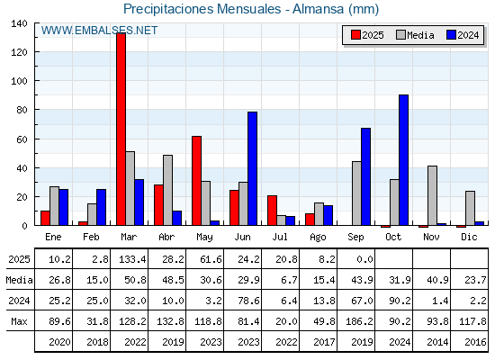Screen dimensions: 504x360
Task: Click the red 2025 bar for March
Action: [121, 129]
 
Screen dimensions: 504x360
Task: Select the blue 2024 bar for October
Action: [404, 160]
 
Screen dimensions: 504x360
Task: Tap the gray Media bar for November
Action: [433, 195]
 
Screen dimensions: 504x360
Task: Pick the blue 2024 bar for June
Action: [253, 168]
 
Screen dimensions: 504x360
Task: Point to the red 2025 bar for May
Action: [197, 181]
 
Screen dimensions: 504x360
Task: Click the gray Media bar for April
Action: [167, 190]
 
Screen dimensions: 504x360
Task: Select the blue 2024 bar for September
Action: [365, 176]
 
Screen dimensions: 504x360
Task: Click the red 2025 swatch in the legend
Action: [355, 35]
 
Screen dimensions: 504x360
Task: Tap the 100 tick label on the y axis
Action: [19, 81]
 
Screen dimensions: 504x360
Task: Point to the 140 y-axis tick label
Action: [19, 23]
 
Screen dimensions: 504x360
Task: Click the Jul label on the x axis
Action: [280, 237]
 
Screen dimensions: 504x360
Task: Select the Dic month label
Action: [469, 237]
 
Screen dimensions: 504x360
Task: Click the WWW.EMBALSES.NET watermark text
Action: [99, 31]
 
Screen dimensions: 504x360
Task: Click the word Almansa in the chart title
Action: [319, 9]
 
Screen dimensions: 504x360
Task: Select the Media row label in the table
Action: [19, 280]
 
